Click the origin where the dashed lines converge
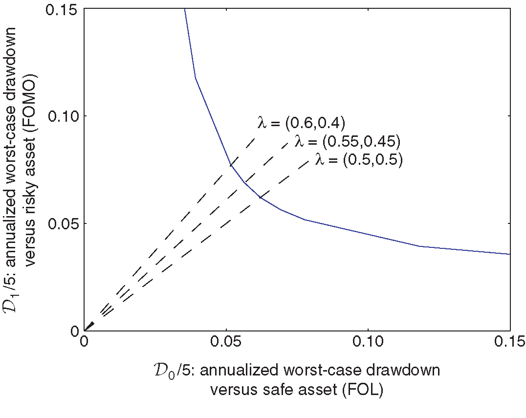(85, 330)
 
